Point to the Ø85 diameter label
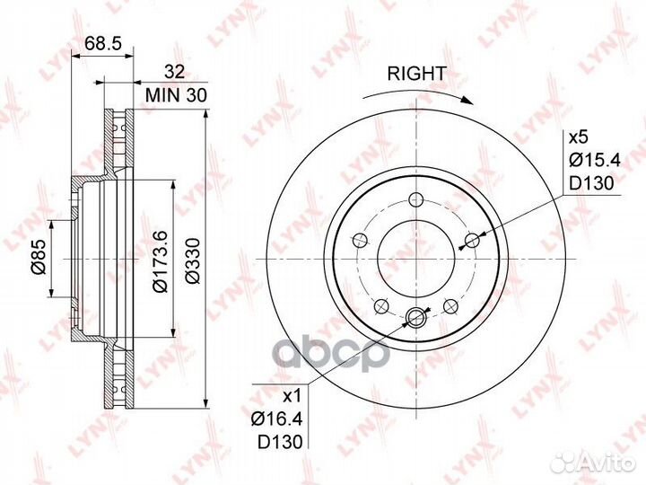39,259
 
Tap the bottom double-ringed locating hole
415,316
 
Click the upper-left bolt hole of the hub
360,240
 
